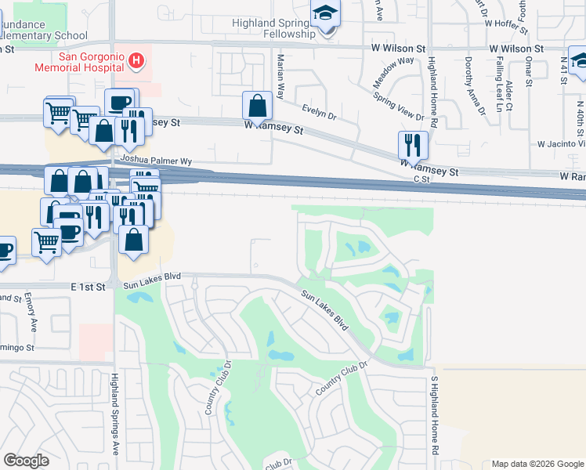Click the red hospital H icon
tap(137, 60)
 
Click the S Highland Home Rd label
tap(433, 415)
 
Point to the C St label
tap(422, 179)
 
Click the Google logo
tap(27, 461)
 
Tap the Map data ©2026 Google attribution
tap(537, 464)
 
